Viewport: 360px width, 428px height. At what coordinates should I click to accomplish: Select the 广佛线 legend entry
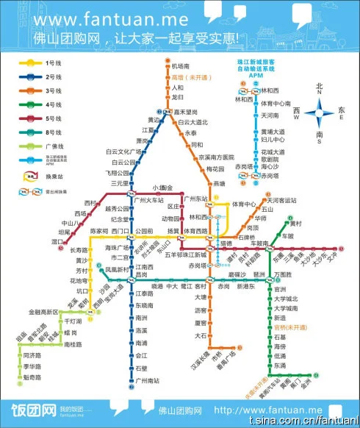(54, 146)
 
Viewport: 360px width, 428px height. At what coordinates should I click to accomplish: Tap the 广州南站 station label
(148, 380)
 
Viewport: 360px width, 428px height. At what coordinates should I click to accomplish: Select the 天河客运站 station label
(282, 200)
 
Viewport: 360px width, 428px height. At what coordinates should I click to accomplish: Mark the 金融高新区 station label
(44, 312)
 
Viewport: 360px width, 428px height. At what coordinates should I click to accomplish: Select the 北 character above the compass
(320, 85)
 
